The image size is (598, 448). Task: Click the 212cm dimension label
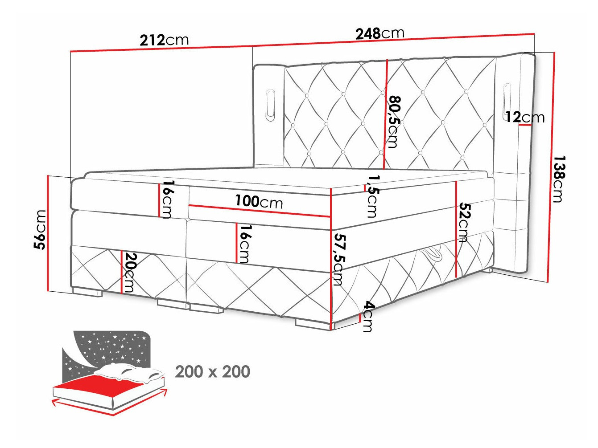(164, 40)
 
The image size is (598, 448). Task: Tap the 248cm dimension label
(379, 33)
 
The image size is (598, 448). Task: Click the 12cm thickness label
(525, 117)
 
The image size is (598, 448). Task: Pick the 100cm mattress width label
(259, 202)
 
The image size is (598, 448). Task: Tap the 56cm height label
(41, 229)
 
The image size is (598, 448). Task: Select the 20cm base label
(129, 272)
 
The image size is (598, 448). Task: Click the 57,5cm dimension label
(339, 259)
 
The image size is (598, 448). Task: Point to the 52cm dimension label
(464, 222)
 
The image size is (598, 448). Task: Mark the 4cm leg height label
(368, 317)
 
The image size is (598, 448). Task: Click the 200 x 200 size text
(212, 371)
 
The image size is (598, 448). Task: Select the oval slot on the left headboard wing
(270, 106)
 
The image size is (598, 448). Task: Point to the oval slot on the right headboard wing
(507, 100)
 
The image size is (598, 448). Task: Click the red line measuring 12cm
(525, 126)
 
